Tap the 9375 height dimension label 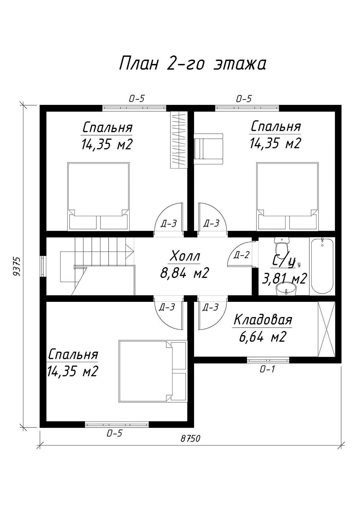point(17,266)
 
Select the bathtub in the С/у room point(322,266)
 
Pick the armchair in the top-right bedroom point(208,149)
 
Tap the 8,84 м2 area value point(184,272)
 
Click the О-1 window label point(267,370)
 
